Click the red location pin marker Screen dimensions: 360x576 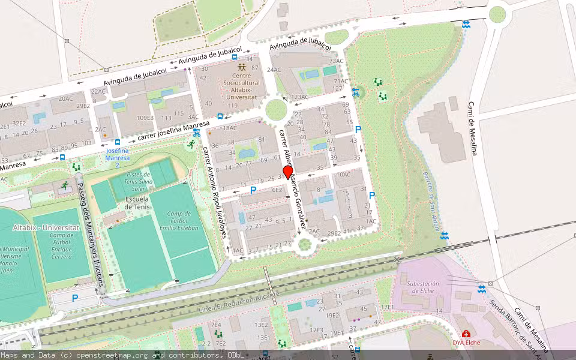click(288, 172)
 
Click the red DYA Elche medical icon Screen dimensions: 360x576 click(465, 334)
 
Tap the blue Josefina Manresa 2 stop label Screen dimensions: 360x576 click(118, 157)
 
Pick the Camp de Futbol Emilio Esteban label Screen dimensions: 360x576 click(184, 220)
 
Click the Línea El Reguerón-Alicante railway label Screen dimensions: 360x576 click(238, 302)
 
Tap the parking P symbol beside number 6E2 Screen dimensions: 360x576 click(253, 190)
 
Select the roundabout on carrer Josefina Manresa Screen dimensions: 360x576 click(275, 110)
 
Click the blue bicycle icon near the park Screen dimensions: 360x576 click(356, 92)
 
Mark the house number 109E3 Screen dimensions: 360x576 click(145, 118)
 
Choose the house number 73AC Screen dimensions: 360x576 click(336, 61)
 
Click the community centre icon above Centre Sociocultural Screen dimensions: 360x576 click(241, 67)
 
